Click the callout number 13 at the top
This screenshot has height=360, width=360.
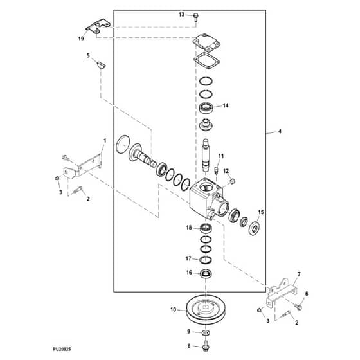181,15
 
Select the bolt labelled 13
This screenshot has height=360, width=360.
196,17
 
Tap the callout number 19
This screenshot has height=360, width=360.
81,39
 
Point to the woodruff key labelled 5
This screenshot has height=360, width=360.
101,65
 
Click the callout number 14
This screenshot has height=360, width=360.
226,105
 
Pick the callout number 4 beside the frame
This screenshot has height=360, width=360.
280,131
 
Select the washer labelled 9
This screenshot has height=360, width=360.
206,332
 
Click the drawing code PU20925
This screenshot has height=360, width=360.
62,349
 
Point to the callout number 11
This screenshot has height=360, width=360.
221,156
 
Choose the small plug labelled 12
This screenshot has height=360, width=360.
232,181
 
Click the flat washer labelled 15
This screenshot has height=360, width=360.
255,228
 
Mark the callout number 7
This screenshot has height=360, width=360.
299,274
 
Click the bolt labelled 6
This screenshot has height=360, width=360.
299,307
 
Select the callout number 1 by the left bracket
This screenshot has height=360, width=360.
105,141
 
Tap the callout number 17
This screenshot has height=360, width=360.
188,258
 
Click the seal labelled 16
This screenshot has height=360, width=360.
206,273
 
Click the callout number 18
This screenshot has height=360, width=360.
189,228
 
